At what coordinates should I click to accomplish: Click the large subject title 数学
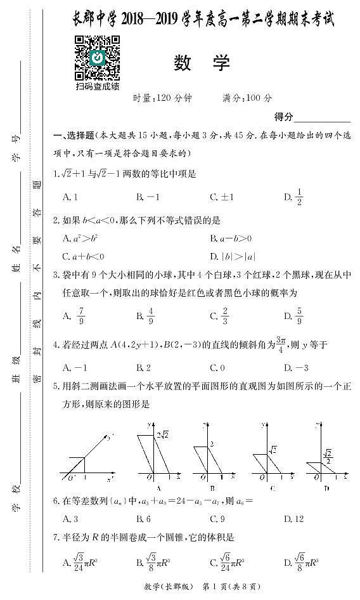(202, 63)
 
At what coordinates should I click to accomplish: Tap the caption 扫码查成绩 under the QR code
(98, 86)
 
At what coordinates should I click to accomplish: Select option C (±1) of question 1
(222, 197)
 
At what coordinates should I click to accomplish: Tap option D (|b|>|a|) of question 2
(232, 256)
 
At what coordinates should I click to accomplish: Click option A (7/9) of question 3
(76, 315)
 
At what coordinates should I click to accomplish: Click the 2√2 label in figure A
(162, 434)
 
